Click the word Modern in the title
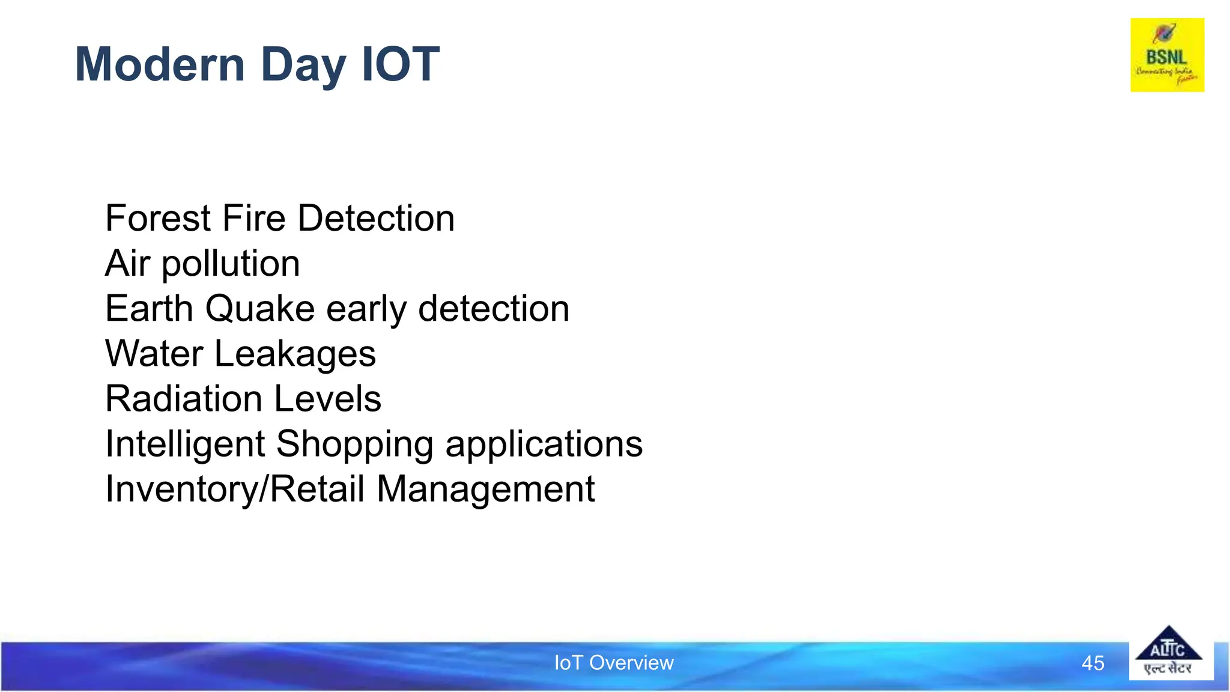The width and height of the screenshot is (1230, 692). point(160,64)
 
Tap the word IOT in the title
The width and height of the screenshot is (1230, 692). point(401,64)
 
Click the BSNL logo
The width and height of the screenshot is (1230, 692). point(1167,55)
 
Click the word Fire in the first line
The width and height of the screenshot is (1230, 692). point(254,218)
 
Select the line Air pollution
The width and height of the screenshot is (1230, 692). point(202,264)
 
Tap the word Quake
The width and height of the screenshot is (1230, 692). point(259,309)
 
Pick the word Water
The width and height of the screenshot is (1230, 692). point(154,354)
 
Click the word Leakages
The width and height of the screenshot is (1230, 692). point(295,355)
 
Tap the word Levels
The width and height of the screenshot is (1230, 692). point(328,399)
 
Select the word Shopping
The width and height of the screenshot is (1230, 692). point(354,445)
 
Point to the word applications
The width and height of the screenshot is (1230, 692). point(544,445)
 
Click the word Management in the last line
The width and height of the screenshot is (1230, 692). point(485,489)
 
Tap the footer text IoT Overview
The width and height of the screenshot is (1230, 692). point(614,663)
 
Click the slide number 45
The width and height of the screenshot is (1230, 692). point(1092,663)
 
